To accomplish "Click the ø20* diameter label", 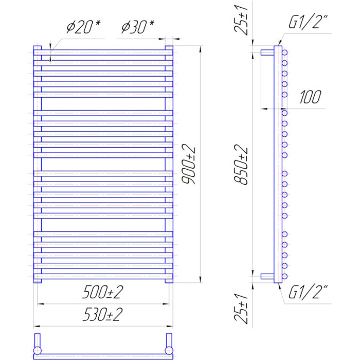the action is click(83, 27).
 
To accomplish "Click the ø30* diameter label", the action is click(138, 27).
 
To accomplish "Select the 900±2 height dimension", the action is click(189, 164).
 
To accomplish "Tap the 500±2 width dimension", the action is click(103, 292).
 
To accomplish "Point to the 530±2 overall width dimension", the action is click(103, 314).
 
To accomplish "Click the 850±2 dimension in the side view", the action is click(241, 165).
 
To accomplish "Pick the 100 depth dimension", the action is click(310, 97).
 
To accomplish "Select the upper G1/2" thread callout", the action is click(308, 22).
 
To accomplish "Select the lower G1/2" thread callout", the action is click(308, 292).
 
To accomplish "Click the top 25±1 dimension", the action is click(241, 21).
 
